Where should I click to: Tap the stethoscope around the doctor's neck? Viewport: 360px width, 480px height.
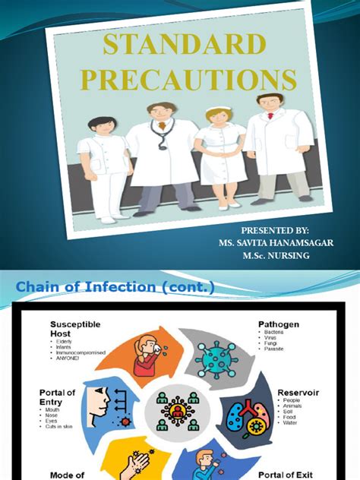coord(161,134)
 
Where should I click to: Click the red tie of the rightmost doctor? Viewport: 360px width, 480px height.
coord(269,121)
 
